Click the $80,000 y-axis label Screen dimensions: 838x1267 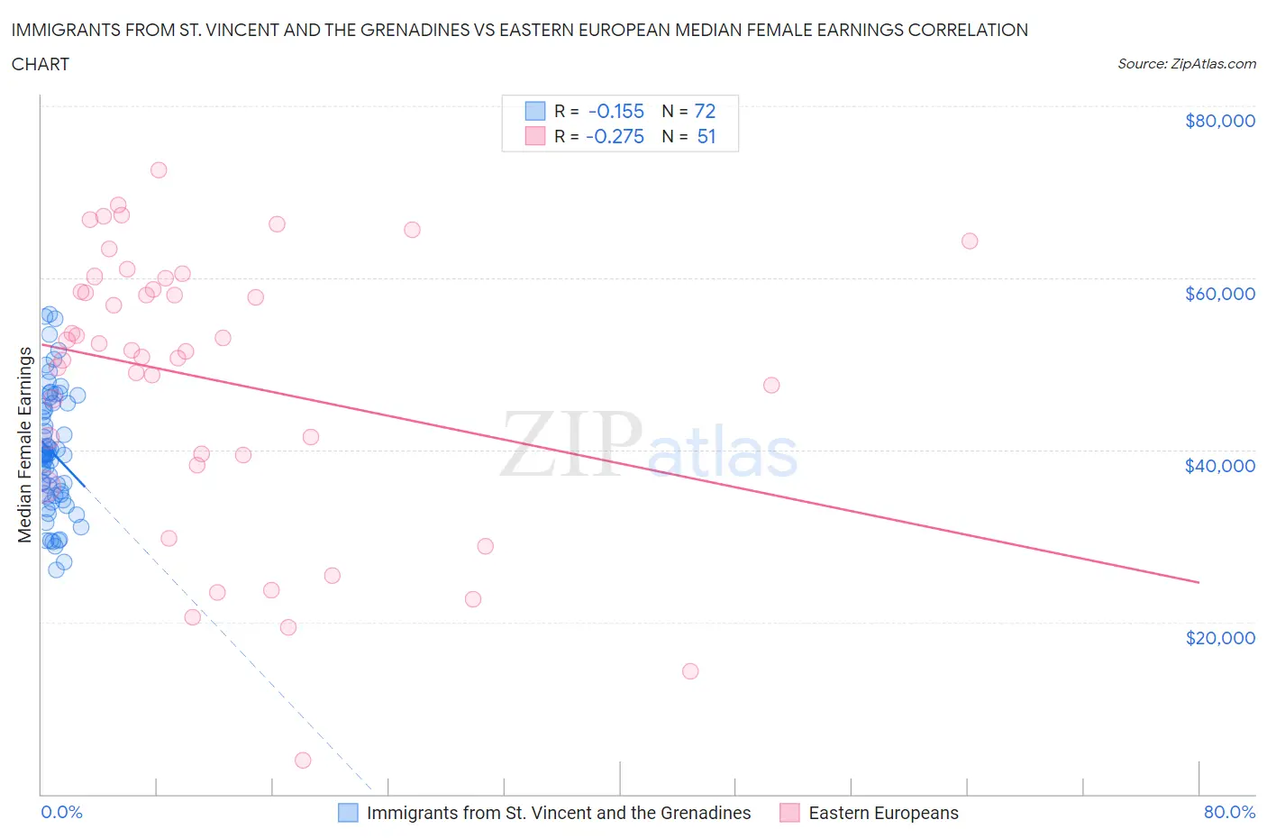(1219, 121)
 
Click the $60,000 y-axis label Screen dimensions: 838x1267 (1219, 293)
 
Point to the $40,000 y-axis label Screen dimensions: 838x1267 (1219, 465)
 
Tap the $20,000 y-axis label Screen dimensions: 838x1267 (1219, 637)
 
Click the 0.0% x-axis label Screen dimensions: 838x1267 (61, 812)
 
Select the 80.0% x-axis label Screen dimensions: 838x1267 (1229, 812)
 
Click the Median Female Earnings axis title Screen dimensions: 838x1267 (25, 444)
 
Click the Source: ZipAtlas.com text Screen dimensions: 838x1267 (1186, 64)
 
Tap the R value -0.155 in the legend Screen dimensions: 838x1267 (616, 111)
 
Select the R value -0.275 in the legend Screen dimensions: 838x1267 (615, 136)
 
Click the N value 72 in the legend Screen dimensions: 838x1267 (705, 111)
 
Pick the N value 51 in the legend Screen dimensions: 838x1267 (706, 136)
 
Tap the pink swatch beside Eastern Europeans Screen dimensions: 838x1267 (789, 813)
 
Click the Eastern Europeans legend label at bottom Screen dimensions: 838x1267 (883, 813)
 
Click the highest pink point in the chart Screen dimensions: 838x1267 (159, 169)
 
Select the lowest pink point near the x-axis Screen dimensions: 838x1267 (303, 761)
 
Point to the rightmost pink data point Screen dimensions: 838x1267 (970, 241)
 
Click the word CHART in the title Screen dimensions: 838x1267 (41, 64)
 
